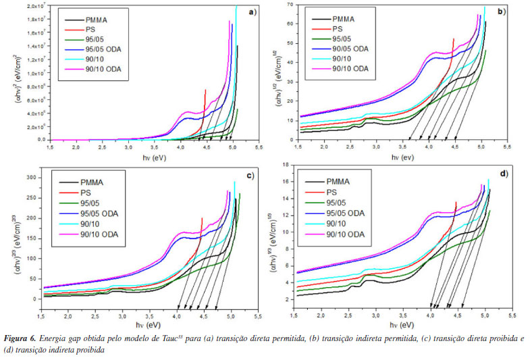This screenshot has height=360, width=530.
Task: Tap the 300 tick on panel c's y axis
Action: coord(30,178)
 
